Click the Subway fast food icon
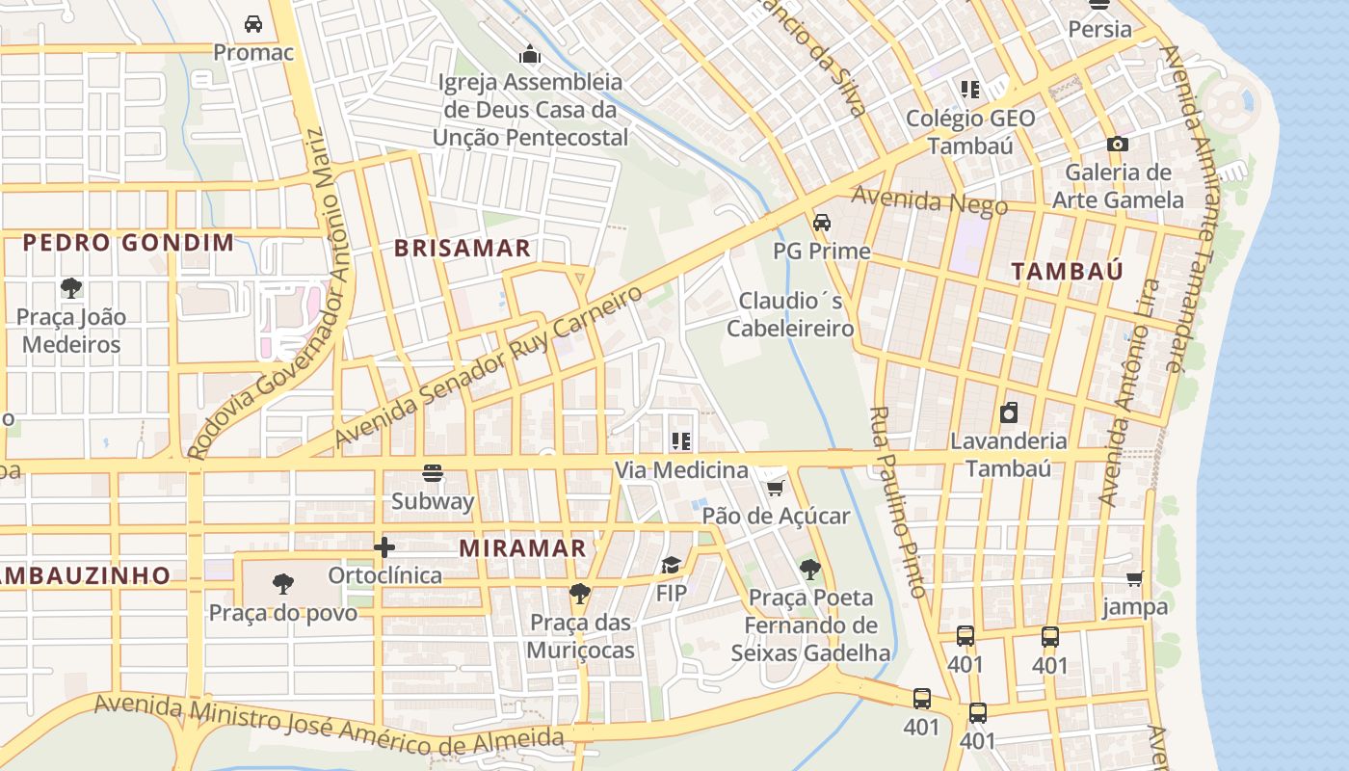433,473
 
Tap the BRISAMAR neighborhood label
463,248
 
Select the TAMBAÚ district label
1068,271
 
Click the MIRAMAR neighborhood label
522,548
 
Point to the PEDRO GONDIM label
128,242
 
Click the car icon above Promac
253,24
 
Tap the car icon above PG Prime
822,223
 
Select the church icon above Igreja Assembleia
530,54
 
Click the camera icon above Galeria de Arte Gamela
1118,145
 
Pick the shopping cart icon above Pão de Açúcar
776,487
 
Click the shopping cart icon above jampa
1135,579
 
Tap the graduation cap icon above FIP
671,565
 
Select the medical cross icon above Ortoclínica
384,547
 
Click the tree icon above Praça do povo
282,584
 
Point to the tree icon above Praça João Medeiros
70,287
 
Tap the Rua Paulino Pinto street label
897,501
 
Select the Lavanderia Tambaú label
1008,455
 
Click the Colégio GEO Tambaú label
970,132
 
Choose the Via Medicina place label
681,470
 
